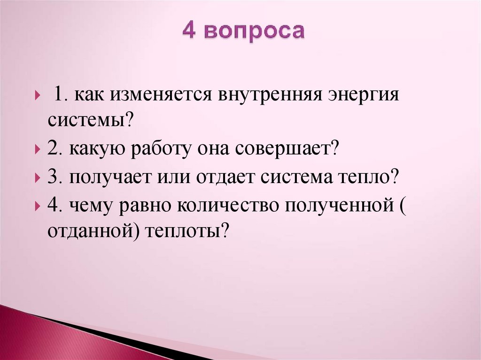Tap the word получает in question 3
(x=107, y=179)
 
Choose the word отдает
(x=229, y=179)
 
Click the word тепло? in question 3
(x=365, y=179)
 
